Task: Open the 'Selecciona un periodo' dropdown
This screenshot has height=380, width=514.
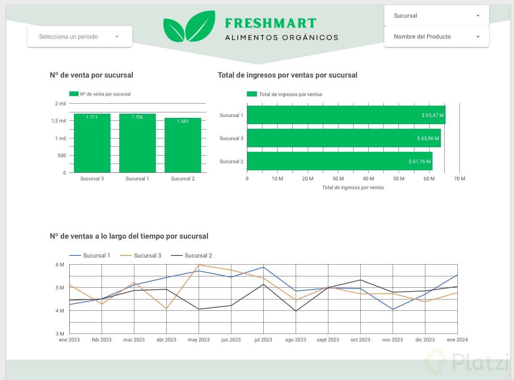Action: click(79, 36)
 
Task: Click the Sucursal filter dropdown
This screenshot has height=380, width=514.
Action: click(436, 16)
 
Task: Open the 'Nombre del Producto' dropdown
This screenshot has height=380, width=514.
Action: click(436, 36)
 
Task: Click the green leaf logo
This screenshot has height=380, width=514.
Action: click(189, 27)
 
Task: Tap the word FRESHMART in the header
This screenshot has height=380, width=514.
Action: click(270, 23)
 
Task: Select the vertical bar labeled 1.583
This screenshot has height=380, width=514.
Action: click(183, 145)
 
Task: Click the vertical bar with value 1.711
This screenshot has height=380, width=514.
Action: click(92, 143)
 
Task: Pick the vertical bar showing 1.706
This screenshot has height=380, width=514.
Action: click(137, 143)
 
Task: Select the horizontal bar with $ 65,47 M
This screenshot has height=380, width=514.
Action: click(346, 115)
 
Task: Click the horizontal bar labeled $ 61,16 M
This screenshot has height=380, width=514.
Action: click(339, 161)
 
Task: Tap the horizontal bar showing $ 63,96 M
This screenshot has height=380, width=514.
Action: click(344, 138)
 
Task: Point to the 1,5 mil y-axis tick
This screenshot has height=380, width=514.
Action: click(59, 121)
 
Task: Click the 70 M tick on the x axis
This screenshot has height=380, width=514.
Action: click(459, 179)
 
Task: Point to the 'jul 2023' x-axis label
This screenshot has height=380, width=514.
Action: click(263, 340)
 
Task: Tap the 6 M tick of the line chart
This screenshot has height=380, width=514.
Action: click(60, 265)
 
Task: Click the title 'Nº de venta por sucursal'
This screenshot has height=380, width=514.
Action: click(91, 75)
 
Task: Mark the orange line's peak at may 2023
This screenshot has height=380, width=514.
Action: click(199, 265)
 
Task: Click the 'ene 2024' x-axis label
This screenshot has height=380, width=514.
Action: click(457, 340)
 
